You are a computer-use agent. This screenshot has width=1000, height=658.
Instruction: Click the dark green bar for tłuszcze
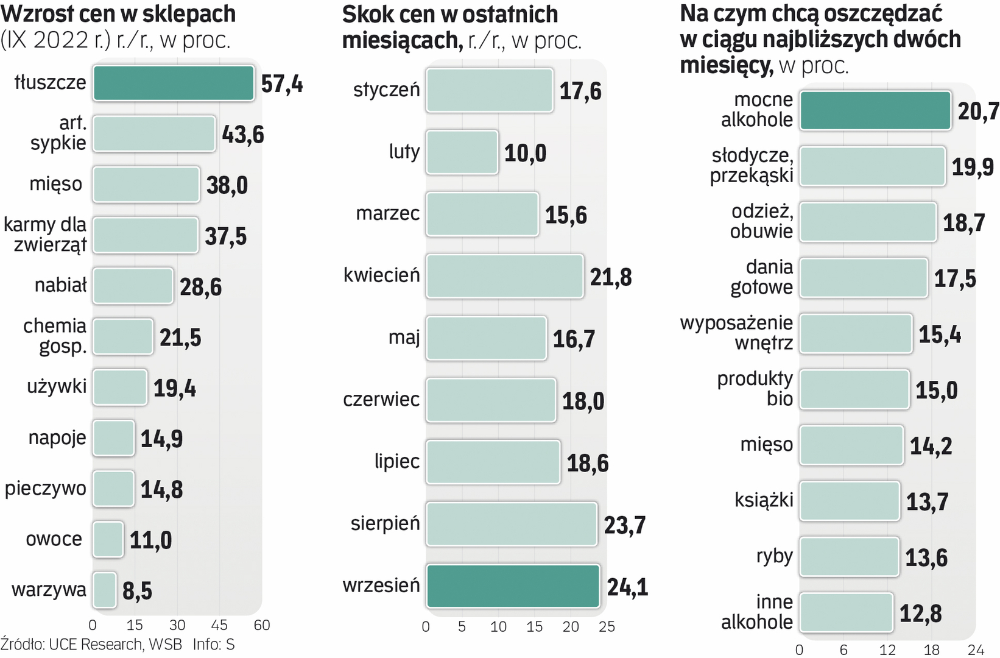coord(174,83)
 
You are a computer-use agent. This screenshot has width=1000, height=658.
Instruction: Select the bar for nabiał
coord(133,286)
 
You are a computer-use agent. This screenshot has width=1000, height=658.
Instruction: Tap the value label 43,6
coord(243,134)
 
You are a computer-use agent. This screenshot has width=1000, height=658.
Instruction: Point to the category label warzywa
coord(49,590)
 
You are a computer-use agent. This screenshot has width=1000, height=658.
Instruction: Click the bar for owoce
coord(108,539)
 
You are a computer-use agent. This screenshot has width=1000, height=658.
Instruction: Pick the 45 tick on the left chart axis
coord(219,625)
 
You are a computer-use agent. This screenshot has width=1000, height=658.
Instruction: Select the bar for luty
coord(462,152)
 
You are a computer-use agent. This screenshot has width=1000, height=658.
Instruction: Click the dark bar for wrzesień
coord(513,586)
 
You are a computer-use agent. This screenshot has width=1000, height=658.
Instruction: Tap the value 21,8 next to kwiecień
coord(611,277)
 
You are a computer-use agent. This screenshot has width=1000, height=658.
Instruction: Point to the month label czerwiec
coord(381,400)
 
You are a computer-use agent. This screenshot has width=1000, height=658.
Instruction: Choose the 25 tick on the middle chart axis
coord(607,627)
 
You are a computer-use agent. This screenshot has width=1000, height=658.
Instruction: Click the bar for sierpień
coord(512,524)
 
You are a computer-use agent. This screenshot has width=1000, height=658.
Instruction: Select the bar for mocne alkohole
coord(875,110)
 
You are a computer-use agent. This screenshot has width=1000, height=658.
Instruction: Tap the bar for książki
coord(850,501)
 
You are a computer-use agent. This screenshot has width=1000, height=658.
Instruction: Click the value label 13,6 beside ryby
coord(926,557)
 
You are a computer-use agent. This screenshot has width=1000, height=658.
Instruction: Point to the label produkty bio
coord(755,389)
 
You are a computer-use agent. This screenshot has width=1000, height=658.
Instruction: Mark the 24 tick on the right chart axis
coord(976,650)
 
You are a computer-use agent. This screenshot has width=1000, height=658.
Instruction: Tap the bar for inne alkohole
coord(847,612)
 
